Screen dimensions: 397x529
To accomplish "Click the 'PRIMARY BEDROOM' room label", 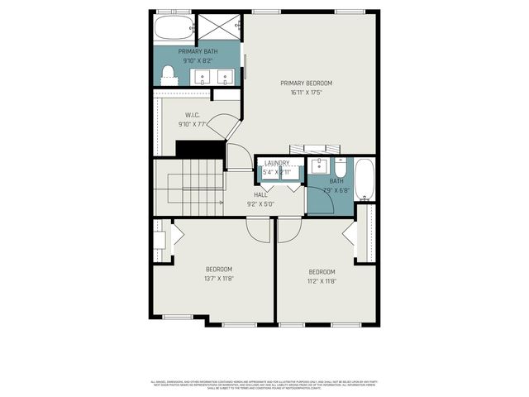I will [306, 83].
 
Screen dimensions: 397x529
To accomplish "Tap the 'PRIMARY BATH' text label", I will [195, 50].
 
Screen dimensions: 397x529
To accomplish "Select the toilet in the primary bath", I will [169, 75].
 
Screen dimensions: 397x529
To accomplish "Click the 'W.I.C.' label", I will [193, 115].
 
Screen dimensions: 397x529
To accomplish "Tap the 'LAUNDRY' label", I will [278, 163].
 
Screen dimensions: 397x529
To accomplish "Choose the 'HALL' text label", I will [260, 194].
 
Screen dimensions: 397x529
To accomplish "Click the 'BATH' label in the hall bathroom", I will [336, 181].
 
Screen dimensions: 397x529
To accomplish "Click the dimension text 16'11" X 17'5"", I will [306, 93].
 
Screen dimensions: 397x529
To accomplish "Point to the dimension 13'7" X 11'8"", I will [219, 279].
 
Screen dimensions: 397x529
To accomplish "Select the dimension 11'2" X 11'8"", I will [322, 281].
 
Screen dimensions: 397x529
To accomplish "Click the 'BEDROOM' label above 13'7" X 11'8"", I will [219, 269].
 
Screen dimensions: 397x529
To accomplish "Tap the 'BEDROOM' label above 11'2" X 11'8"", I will [322, 272].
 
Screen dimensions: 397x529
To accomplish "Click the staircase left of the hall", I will [189, 188].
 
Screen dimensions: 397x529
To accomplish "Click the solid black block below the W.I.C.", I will [201, 149].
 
